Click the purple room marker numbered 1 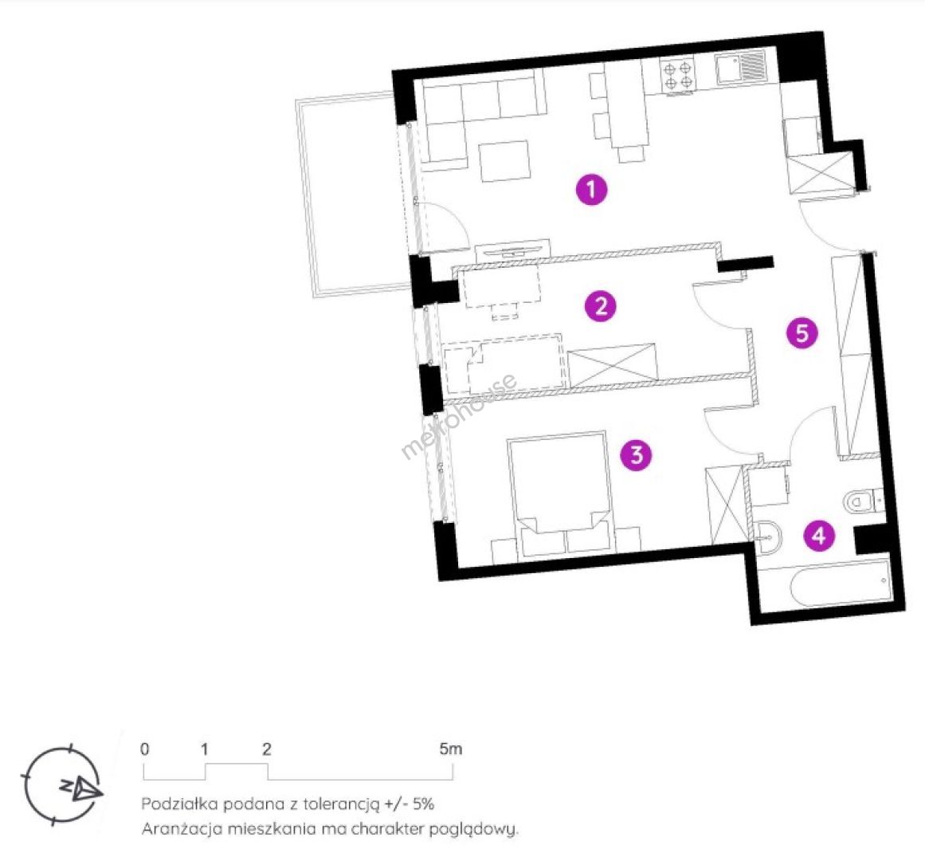(592, 190)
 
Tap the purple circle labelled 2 (601, 306)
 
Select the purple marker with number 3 (637, 455)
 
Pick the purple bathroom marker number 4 (819, 536)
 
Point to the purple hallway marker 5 (802, 333)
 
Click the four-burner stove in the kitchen (678, 76)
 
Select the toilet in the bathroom (863, 501)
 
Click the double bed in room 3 (559, 493)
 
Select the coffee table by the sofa (504, 160)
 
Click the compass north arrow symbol (83, 787)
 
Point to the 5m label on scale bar (451, 749)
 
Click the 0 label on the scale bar (144, 749)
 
